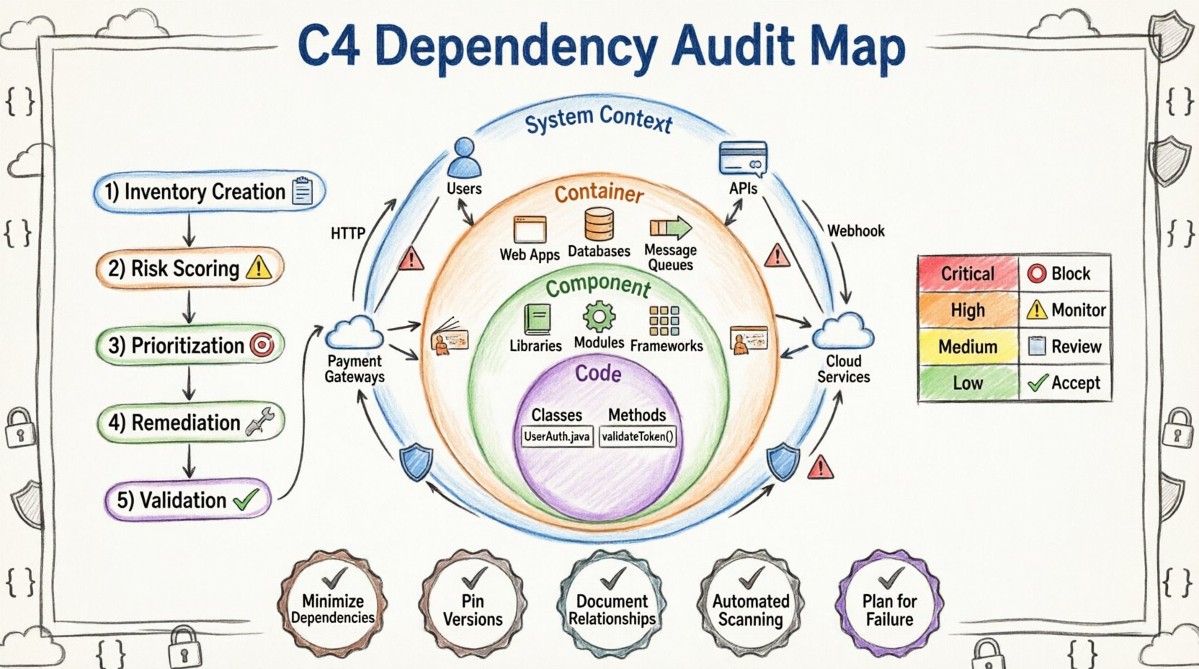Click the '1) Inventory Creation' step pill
(x=209, y=192)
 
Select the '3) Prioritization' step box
(x=190, y=346)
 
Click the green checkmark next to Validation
(x=246, y=500)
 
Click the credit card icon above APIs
(x=743, y=159)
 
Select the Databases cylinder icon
(x=599, y=225)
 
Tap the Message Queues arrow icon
(x=670, y=229)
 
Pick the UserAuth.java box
(x=557, y=436)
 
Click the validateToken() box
(x=638, y=436)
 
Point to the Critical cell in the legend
(x=968, y=274)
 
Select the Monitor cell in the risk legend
(x=1066, y=310)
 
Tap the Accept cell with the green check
(x=1066, y=383)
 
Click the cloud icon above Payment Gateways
(x=354, y=333)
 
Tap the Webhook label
(x=855, y=231)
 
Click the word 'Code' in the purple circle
(x=598, y=373)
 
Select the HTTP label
(x=347, y=234)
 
